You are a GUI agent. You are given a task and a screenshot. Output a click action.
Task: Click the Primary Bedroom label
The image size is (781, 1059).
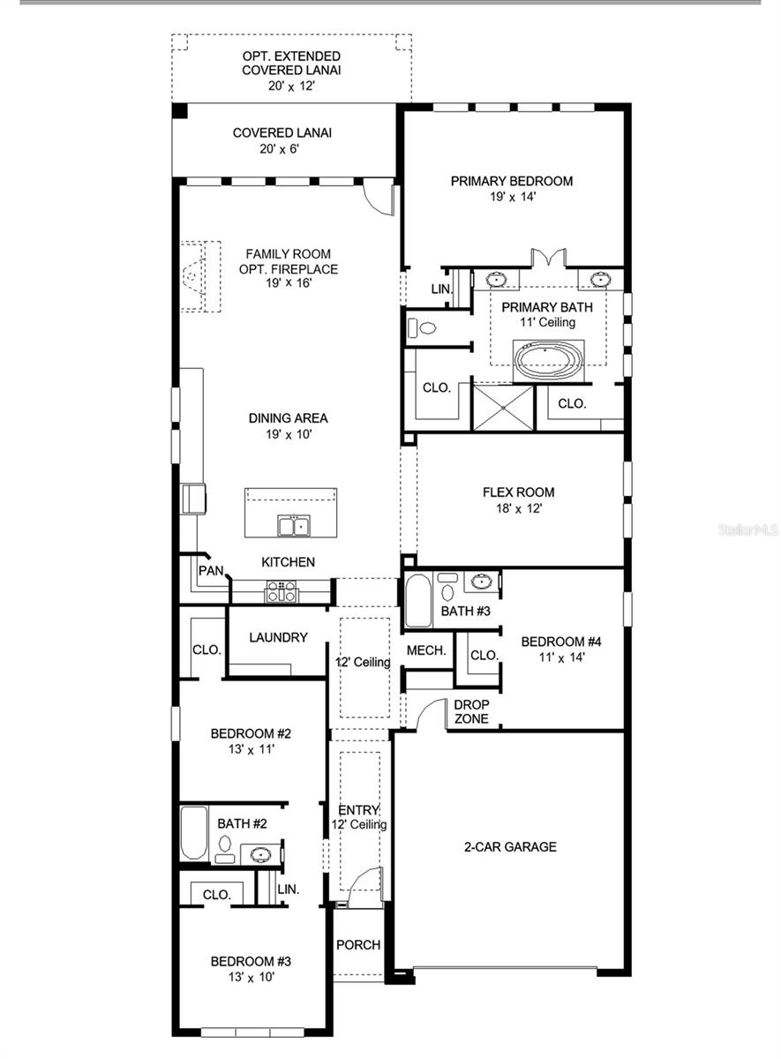pyautogui.click(x=511, y=181)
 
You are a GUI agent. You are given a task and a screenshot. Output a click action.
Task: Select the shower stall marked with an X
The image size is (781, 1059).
pyautogui.click(x=503, y=407)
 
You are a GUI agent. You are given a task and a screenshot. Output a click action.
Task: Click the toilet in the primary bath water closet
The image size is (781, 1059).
pyautogui.click(x=424, y=328)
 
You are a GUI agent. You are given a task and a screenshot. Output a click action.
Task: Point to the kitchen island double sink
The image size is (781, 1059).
pyautogui.click(x=293, y=526)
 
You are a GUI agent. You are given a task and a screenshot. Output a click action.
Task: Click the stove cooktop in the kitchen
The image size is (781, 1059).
pyautogui.click(x=282, y=591)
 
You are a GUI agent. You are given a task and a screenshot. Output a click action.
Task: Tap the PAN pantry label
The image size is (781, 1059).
pyautogui.click(x=211, y=571)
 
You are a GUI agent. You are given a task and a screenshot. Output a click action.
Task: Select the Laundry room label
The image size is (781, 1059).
pyautogui.click(x=278, y=637)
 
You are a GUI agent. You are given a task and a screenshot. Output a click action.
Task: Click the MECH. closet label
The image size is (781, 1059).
pyautogui.click(x=426, y=650)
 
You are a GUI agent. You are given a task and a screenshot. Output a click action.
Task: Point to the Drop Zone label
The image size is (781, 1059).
pyautogui.click(x=471, y=711)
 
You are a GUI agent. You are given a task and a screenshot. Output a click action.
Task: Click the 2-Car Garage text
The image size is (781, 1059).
pyautogui.click(x=510, y=846)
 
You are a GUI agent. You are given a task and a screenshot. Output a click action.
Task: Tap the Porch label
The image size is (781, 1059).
pyautogui.click(x=358, y=944)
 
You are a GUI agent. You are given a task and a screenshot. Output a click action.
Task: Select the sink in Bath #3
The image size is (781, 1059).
pyautogui.click(x=482, y=582)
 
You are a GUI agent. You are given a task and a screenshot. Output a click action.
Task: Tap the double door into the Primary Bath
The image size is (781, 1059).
pyautogui.click(x=548, y=259)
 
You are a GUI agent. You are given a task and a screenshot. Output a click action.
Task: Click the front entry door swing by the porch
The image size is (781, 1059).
pyautogui.click(x=366, y=886)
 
